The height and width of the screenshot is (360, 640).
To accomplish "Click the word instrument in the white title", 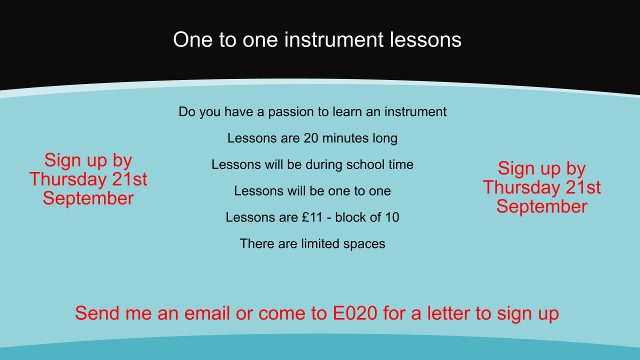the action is [x=333, y=39].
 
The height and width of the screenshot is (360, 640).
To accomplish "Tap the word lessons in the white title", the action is [x=425, y=39].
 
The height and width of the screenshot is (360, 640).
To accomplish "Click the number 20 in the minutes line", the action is [x=311, y=138].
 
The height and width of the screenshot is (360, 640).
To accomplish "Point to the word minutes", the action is [x=345, y=138].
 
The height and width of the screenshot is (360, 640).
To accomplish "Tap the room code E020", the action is [x=355, y=313].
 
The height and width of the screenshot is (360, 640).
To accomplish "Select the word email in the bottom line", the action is [x=207, y=313].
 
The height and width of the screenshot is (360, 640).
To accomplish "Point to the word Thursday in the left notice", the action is [x=68, y=179].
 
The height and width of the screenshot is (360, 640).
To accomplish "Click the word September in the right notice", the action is [x=542, y=207].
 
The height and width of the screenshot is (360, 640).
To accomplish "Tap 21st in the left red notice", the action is [x=129, y=179].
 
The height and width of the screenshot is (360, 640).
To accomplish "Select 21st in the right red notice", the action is [x=583, y=187].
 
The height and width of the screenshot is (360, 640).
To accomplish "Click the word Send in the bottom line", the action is [x=97, y=313].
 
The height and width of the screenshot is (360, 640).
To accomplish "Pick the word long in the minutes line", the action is [x=385, y=139].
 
